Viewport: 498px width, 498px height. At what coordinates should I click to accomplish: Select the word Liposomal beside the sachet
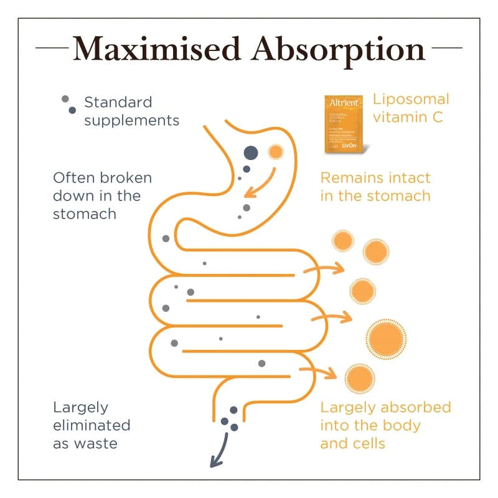pos(411,100)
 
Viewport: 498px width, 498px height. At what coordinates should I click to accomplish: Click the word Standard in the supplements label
pos(118,102)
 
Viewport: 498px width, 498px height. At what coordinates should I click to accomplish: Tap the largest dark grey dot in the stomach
pos(250,152)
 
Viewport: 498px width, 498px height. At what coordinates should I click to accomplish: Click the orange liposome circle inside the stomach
pos(275,151)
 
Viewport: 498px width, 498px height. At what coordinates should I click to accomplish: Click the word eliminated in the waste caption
pos(92,426)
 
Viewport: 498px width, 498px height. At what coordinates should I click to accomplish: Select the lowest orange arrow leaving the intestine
pos(320,372)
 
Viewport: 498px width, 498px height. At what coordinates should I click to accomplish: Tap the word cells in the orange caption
pos(367,444)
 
